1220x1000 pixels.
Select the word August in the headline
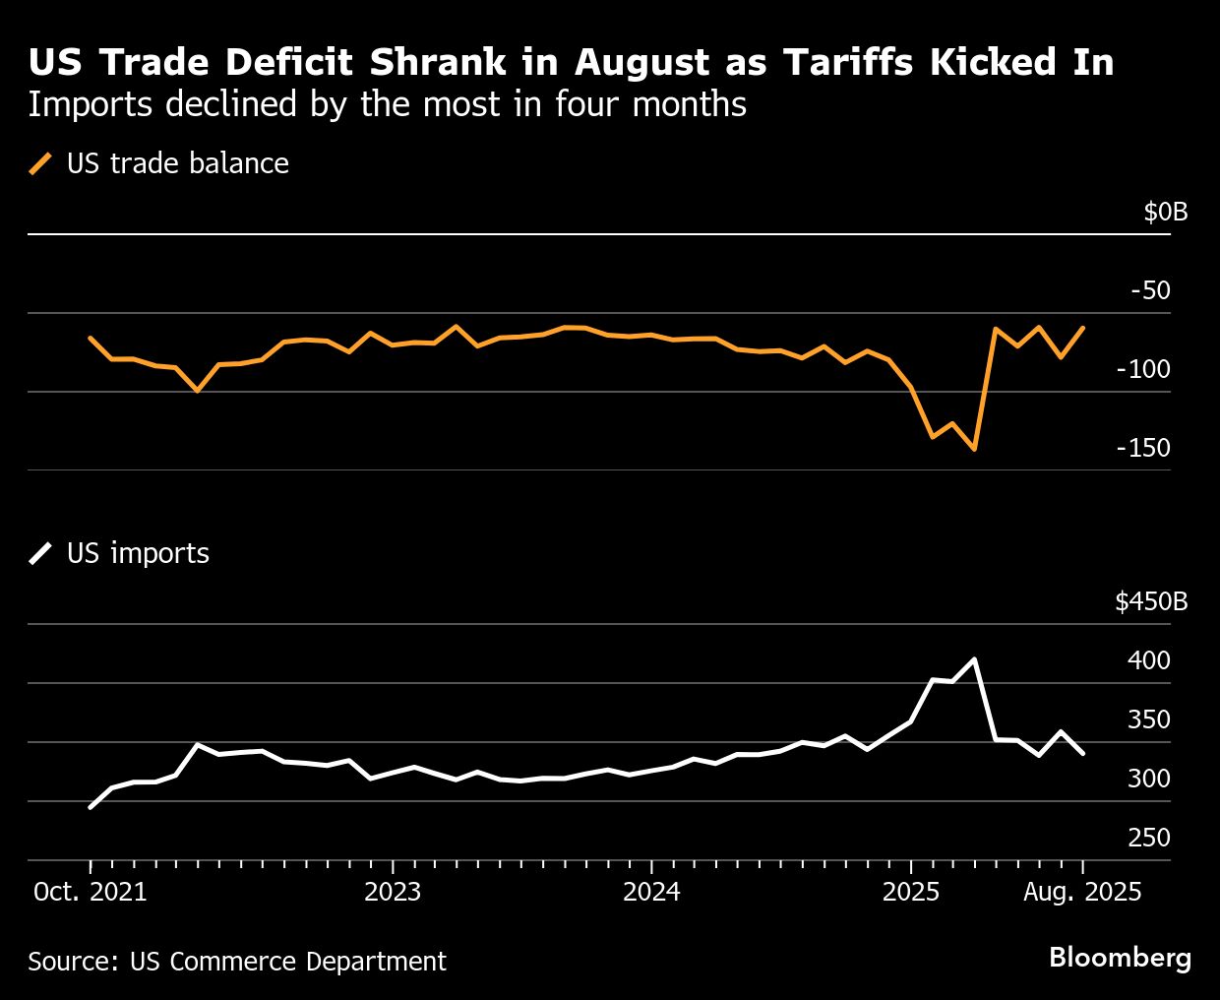pyautogui.click(x=643, y=62)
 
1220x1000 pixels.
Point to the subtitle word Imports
pyautogui.click(x=90, y=104)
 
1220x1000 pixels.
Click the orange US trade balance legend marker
pyautogui.click(x=41, y=163)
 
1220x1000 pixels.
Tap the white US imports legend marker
pyautogui.click(x=41, y=553)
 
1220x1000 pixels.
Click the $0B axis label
pyautogui.click(x=1165, y=212)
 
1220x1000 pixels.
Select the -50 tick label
pyautogui.click(x=1150, y=290)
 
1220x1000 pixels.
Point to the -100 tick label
pyautogui.click(x=1143, y=369)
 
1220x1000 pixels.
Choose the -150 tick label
pyautogui.click(x=1143, y=448)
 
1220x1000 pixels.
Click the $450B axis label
pyautogui.click(x=1151, y=601)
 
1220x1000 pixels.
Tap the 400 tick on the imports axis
pyautogui.click(x=1148, y=660)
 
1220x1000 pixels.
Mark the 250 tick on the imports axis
pyautogui.click(x=1148, y=838)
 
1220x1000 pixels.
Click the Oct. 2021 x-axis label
pyautogui.click(x=90, y=892)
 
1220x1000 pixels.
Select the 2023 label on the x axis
pyautogui.click(x=392, y=892)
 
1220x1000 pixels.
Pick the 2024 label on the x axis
pyautogui.click(x=651, y=892)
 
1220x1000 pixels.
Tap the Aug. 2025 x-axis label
pyautogui.click(x=1082, y=892)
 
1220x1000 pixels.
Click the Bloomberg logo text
pyautogui.click(x=1120, y=958)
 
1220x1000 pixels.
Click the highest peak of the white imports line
pyautogui.click(x=974, y=659)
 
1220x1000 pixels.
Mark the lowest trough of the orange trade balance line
pyautogui.click(x=974, y=449)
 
